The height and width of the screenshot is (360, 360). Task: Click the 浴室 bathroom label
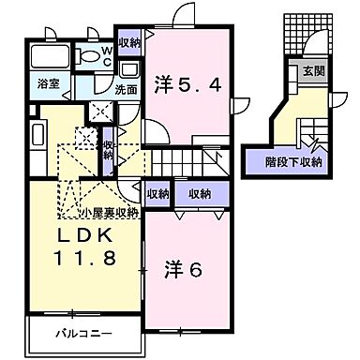point(48,83)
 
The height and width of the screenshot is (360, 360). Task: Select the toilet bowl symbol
point(90,55)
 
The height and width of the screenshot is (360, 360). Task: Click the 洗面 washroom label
point(126,90)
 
